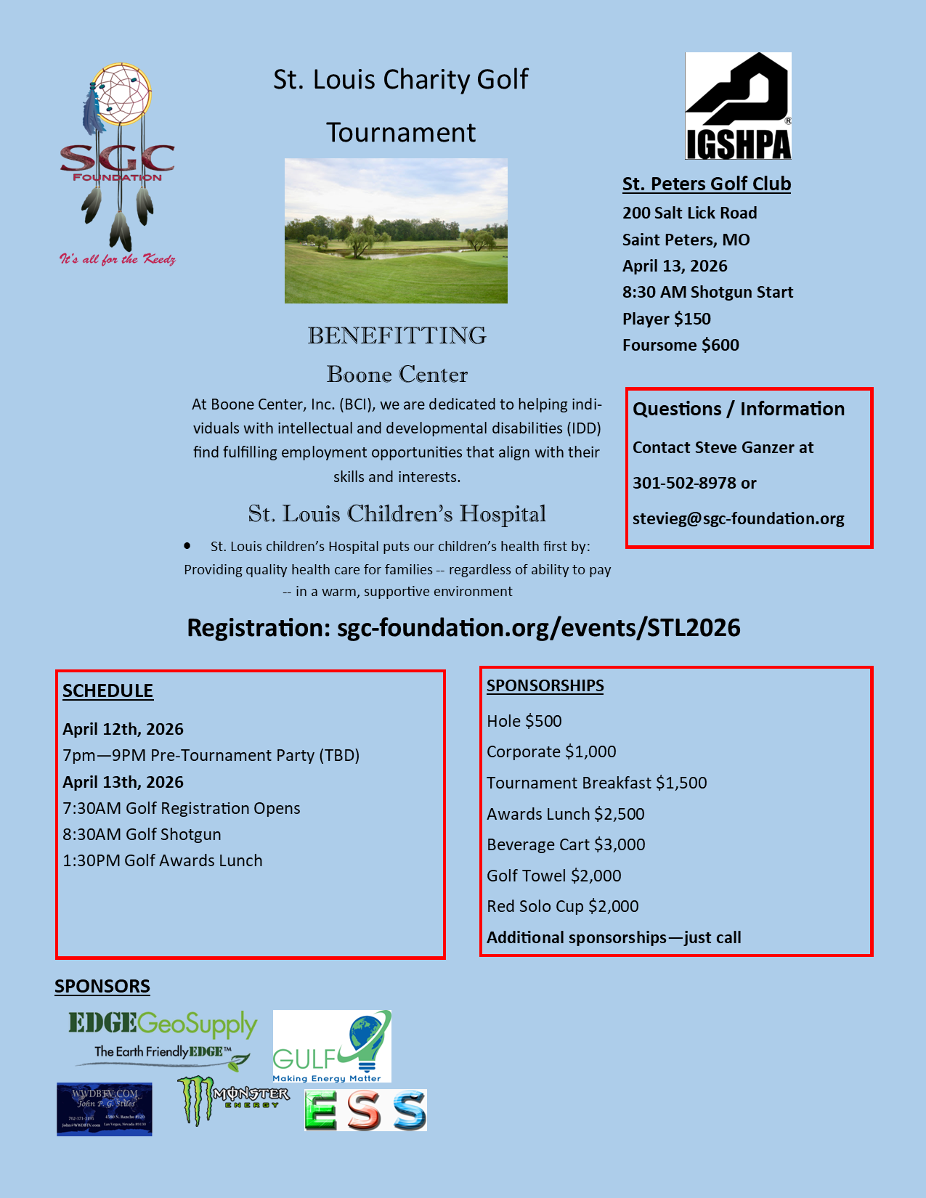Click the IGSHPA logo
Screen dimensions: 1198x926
click(x=738, y=106)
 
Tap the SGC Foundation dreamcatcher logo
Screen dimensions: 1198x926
click(x=118, y=163)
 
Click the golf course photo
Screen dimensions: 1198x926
click(x=396, y=231)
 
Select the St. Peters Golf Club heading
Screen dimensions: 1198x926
click(x=706, y=184)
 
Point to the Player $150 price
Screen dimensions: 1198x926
click(x=666, y=319)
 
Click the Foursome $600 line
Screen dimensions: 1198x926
click(x=681, y=345)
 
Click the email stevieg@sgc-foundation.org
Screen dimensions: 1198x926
click(x=738, y=518)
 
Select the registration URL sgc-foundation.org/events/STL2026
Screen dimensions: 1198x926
click(x=538, y=627)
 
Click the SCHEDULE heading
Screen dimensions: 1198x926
click(x=107, y=690)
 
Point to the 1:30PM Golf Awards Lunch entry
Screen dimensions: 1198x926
click(x=163, y=860)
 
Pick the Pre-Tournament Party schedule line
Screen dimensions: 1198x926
click(x=211, y=755)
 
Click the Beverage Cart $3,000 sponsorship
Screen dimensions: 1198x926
click(x=566, y=844)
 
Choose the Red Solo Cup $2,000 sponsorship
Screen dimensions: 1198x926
click(x=563, y=906)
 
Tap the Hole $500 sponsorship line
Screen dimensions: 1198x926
click(x=524, y=721)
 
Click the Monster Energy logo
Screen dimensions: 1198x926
click(x=232, y=1099)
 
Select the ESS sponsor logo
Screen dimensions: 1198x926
click(x=365, y=1110)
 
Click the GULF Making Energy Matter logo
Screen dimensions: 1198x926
click(x=332, y=1046)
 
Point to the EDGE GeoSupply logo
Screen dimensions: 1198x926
click(x=163, y=1039)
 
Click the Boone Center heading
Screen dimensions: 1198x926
click(x=397, y=374)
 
